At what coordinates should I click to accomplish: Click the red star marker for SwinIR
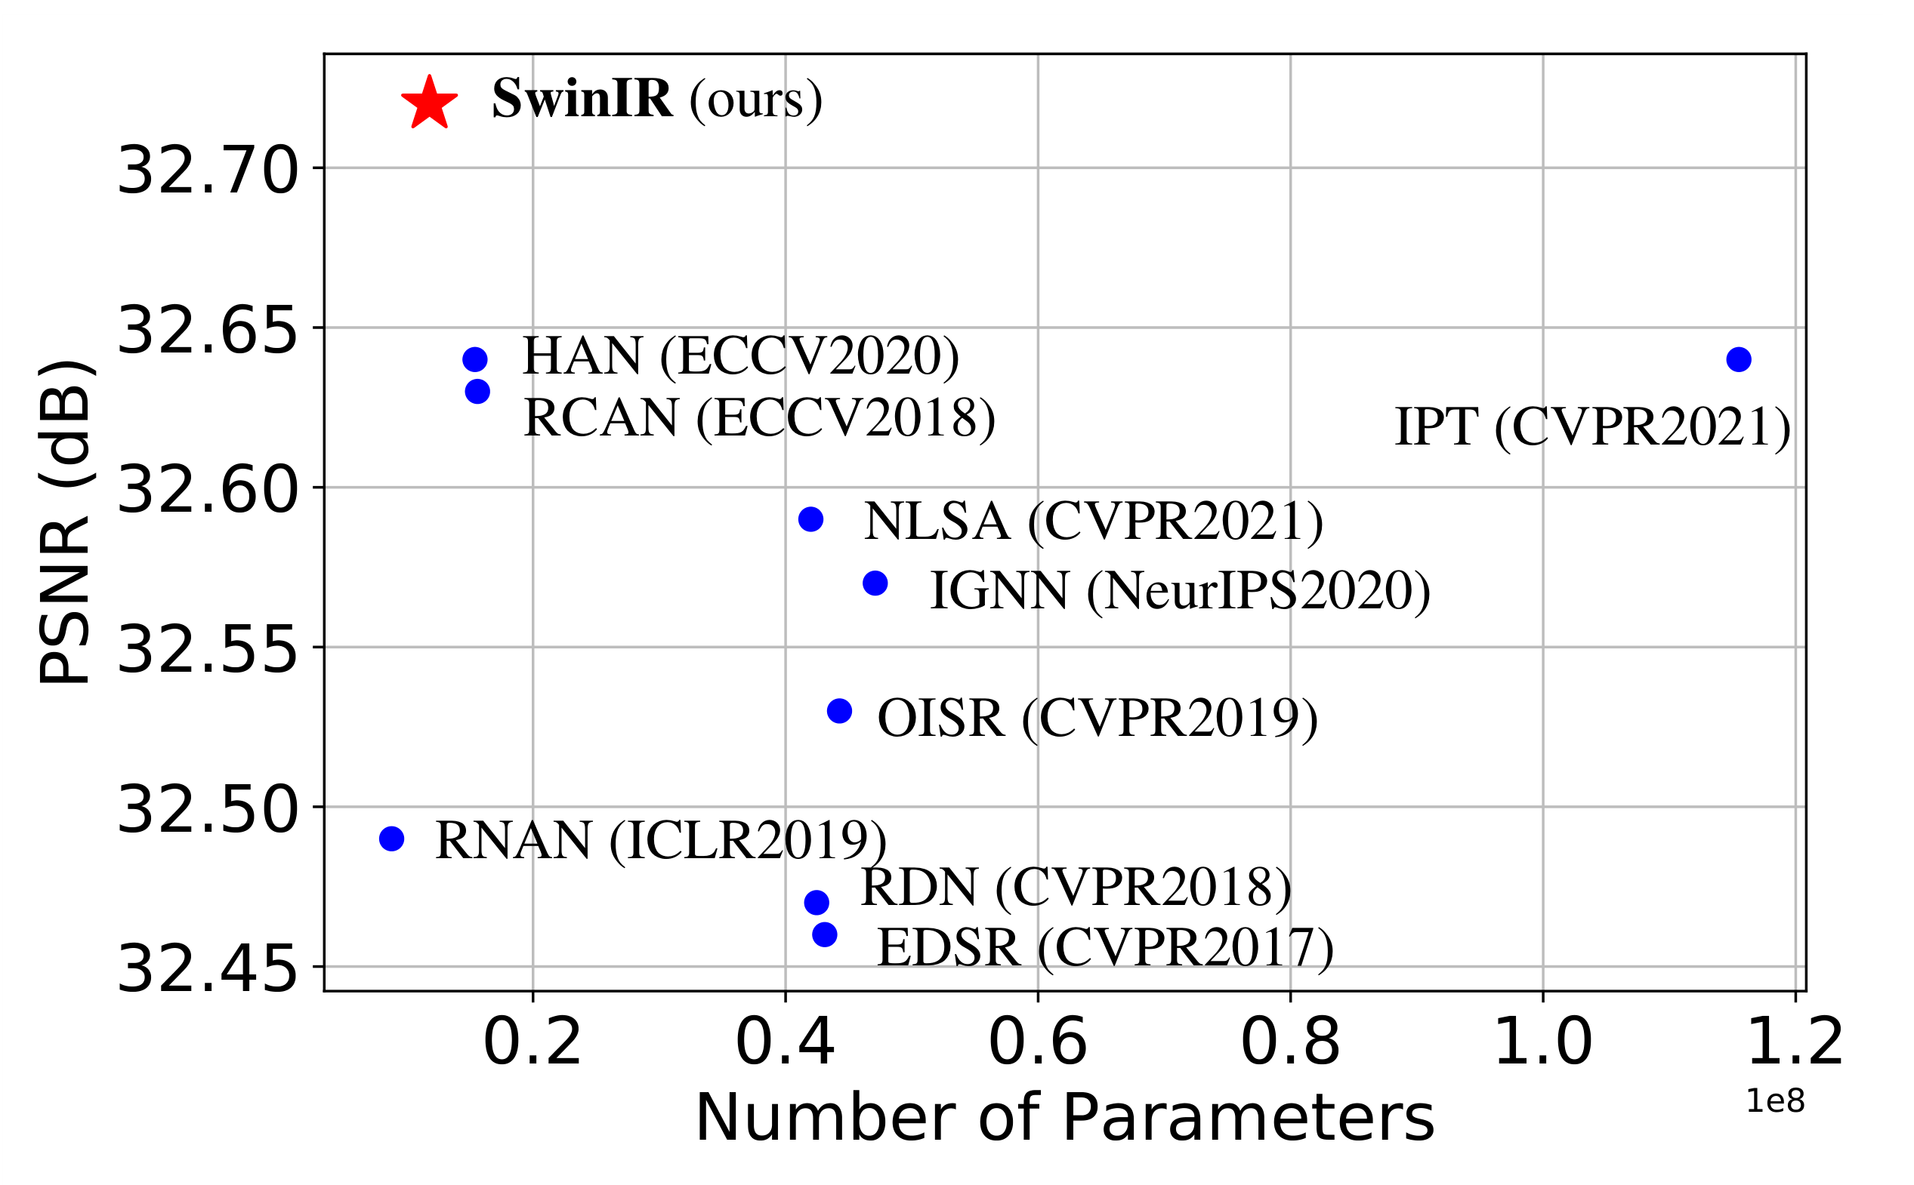(x=429, y=103)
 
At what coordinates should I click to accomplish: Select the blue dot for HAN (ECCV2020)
(x=474, y=360)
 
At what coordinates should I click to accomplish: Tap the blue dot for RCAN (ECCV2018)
(x=477, y=391)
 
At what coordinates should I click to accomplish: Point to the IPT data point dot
(x=1738, y=360)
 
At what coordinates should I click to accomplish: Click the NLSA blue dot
(x=810, y=519)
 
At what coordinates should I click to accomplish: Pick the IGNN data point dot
(x=874, y=583)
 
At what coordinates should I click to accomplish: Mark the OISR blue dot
(x=839, y=711)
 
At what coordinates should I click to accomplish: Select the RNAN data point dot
(x=391, y=839)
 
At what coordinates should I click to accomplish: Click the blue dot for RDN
(x=817, y=903)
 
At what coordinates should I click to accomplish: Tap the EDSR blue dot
(x=824, y=934)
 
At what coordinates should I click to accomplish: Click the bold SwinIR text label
(x=581, y=100)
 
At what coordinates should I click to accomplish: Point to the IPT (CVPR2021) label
(x=1591, y=428)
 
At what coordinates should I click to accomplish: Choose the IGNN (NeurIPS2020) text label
(x=1179, y=591)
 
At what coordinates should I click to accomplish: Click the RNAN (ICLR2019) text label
(x=660, y=841)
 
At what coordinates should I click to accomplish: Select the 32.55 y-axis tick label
(x=207, y=650)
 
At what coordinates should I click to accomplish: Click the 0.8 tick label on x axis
(x=1290, y=1043)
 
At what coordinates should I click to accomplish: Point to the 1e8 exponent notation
(x=1774, y=1101)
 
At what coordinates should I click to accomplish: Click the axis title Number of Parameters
(x=1065, y=1119)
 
